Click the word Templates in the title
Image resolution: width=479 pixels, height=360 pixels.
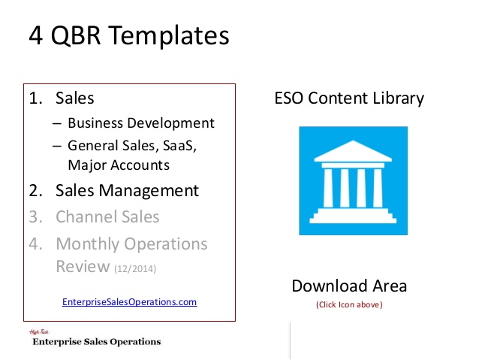[168, 36]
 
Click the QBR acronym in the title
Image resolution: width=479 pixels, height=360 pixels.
[76, 35]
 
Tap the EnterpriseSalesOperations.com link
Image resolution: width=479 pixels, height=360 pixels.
[130, 302]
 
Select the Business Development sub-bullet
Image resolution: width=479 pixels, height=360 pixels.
[141, 123]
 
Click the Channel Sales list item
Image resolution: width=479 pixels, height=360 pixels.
[107, 216]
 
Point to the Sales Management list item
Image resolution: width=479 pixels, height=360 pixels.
[127, 191]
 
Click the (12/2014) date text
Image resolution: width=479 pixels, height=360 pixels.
[135, 268]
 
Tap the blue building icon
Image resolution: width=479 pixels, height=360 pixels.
[353, 181]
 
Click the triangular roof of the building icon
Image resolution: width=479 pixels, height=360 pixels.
[353, 151]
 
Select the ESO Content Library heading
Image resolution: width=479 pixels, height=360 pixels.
[349, 98]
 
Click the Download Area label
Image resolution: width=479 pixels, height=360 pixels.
[349, 286]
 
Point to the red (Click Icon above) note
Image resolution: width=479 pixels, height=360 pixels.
[349, 304]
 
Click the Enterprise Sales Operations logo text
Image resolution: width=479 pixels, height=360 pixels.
[97, 342]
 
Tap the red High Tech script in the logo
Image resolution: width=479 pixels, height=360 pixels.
[39, 332]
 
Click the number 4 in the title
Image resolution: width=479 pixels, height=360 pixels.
[35, 36]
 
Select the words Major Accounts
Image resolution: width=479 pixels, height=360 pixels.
[119, 165]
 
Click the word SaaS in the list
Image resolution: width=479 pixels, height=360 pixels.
[179, 146]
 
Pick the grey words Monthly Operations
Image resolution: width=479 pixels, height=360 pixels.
[131, 244]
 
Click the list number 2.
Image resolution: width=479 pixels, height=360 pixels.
[35, 191]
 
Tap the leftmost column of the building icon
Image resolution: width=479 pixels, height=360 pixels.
[328, 188]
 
